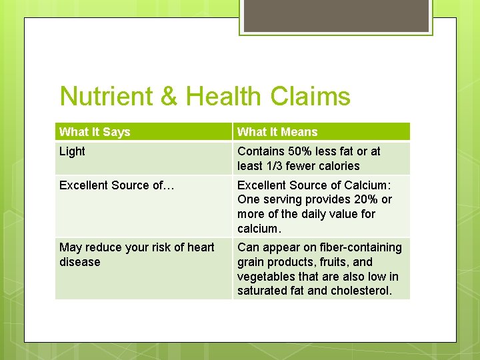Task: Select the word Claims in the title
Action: point(310,97)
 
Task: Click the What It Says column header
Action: point(95,132)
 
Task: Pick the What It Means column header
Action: point(277,132)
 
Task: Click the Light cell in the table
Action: point(72,151)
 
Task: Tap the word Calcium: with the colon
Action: point(367,185)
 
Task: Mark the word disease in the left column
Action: point(79,262)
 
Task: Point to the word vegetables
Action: point(267,277)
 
